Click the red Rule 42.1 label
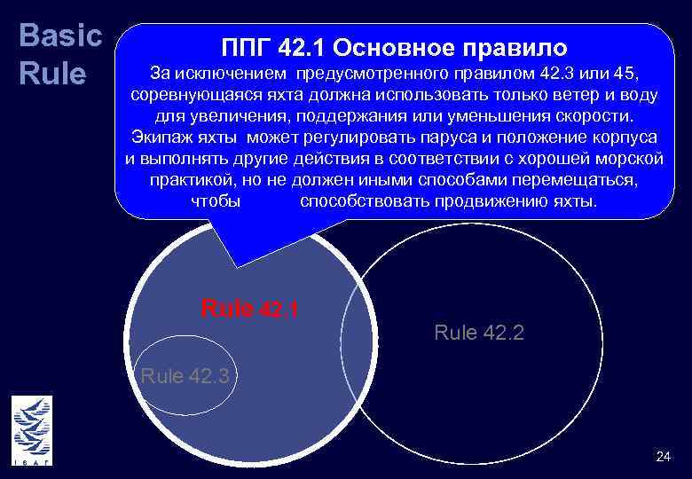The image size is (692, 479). pyautogui.click(x=250, y=309)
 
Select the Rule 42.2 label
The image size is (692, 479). pyautogui.click(x=479, y=333)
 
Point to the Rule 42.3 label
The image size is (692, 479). pyautogui.click(x=185, y=375)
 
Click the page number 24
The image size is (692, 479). pyautogui.click(x=663, y=457)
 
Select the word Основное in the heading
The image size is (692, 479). pyautogui.click(x=397, y=46)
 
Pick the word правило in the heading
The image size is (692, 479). pyautogui.click(x=518, y=46)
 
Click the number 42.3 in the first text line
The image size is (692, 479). pyautogui.click(x=544, y=72)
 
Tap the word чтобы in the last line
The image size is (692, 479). pyautogui.click(x=215, y=202)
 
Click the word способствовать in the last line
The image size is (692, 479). pyautogui.click(x=365, y=202)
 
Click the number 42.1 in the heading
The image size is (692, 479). pyautogui.click(x=304, y=46)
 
